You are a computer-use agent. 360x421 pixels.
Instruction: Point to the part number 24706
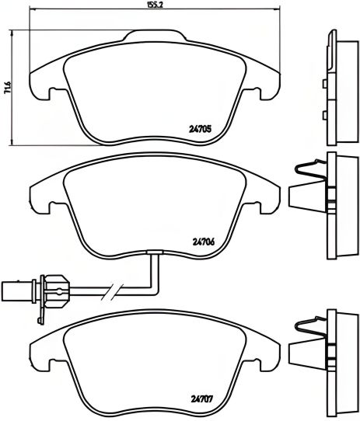(x=202, y=240)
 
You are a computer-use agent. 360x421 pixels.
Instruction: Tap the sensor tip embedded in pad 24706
(x=153, y=252)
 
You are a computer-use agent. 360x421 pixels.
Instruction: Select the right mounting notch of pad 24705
(x=253, y=95)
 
